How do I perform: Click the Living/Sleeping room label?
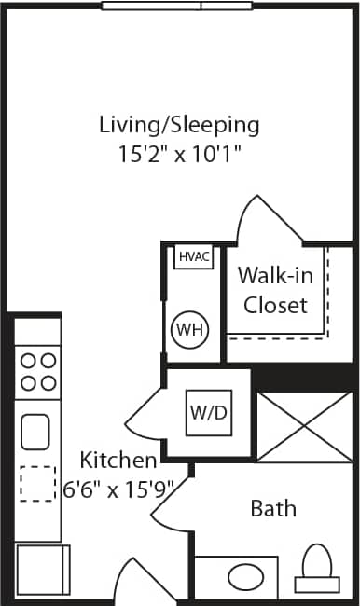[x=179, y=124]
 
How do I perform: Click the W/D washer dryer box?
[x=209, y=412]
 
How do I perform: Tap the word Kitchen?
[x=118, y=460]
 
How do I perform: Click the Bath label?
[x=273, y=508]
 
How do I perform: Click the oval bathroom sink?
[x=246, y=574]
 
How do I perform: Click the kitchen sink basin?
[x=36, y=431]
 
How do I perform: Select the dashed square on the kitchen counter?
[x=37, y=484]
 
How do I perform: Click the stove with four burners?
[x=37, y=370]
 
